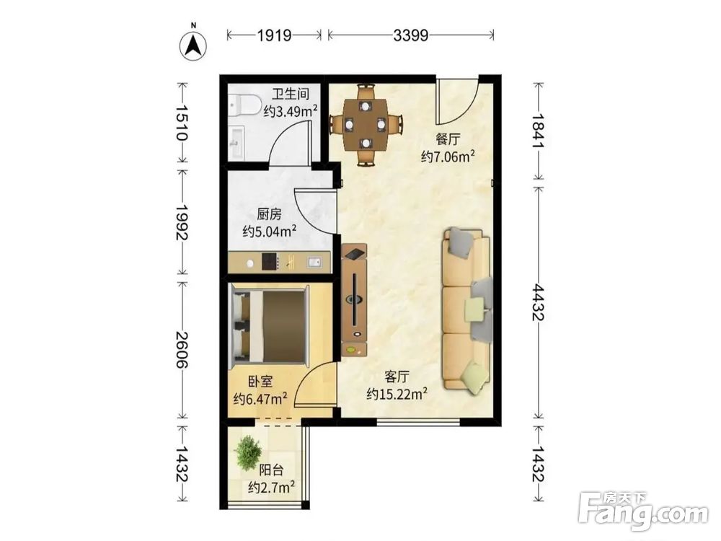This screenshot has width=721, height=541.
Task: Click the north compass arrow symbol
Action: [193, 45]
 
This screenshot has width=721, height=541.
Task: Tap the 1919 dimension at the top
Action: [274, 35]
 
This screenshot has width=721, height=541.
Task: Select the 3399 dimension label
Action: [411, 35]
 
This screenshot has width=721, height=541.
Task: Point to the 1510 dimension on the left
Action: [182, 123]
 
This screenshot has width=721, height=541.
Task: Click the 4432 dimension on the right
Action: [539, 302]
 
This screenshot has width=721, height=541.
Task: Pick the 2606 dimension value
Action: [182, 349]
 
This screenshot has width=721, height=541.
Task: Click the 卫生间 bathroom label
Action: [291, 94]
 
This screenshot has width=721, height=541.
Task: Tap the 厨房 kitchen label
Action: [269, 214]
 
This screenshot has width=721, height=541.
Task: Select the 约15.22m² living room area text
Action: [397, 394]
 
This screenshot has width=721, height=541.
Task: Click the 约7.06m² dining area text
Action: [448, 157]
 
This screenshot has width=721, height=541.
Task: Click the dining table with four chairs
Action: [366, 124]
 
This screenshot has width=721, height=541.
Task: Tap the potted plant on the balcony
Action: [248, 453]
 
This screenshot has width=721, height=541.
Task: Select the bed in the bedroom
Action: [269, 325]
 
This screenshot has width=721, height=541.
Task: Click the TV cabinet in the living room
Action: [354, 300]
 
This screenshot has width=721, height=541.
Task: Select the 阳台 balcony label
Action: [271, 470]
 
